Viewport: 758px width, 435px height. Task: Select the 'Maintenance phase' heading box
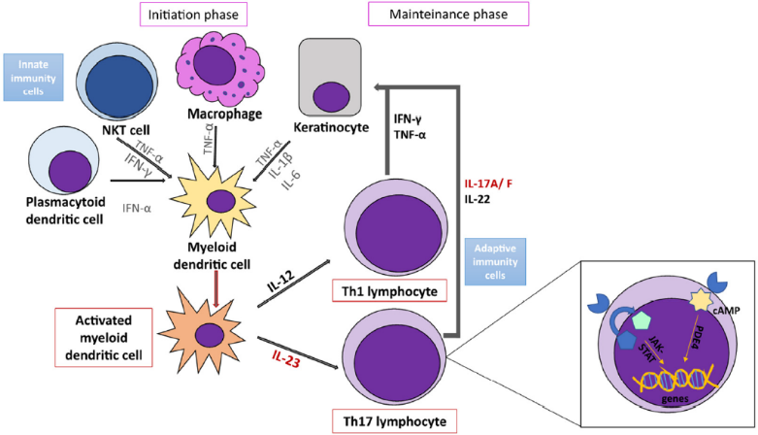coord(448,15)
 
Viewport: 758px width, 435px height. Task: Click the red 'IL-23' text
coord(287,365)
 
